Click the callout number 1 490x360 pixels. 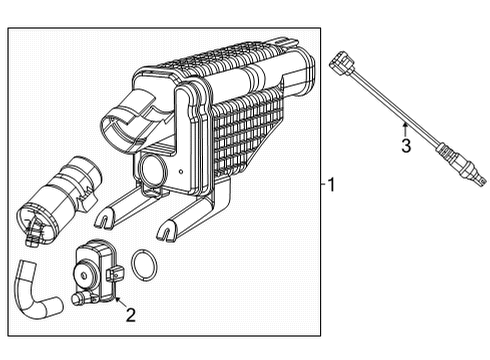pyautogui.click(x=333, y=184)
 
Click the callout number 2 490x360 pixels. pyautogui.click(x=129, y=317)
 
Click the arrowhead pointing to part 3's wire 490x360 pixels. pyautogui.click(x=403, y=125)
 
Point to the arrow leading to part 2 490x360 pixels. pyautogui.click(x=117, y=298)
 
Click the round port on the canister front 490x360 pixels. pyautogui.click(x=157, y=168)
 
